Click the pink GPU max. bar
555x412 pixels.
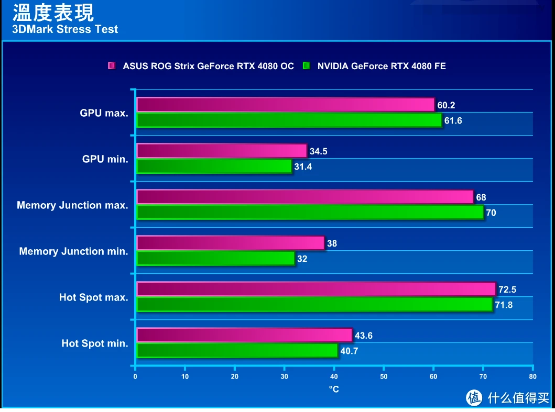pos(286,105)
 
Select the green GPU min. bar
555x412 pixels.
pos(214,166)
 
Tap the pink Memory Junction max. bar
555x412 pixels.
pos(305,197)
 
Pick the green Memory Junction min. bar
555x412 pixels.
pos(215,259)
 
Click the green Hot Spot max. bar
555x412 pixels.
pos(314,305)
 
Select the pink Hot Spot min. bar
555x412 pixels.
pos(244,335)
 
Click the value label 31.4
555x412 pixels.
pos(303,166)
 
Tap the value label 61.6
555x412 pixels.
pos(453,120)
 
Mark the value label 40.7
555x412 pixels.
pos(349,351)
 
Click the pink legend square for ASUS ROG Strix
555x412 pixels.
pos(112,66)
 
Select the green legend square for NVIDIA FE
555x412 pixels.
pos(307,66)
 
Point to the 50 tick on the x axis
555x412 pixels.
pos(384,376)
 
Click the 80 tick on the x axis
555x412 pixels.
pos(532,376)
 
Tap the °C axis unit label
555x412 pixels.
pos(334,389)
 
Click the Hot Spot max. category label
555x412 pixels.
pos(94,297)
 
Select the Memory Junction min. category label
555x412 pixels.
pos(73,251)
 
